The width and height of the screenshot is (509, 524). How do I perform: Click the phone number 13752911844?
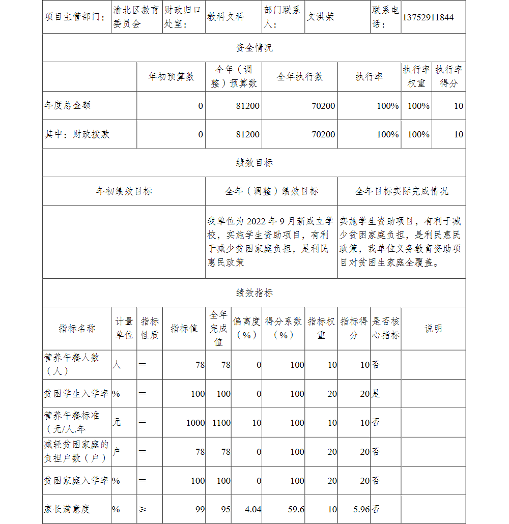point(428,17)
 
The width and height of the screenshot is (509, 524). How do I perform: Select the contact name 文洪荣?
point(321,17)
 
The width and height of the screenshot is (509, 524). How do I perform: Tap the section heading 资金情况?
point(254,48)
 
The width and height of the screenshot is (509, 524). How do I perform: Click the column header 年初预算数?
point(171,77)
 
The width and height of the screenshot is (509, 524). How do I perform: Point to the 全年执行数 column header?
point(300,77)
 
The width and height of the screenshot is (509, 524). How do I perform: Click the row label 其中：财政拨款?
point(77,134)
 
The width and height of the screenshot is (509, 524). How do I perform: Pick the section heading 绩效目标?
point(254,163)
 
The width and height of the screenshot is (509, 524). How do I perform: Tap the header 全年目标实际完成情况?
point(401,191)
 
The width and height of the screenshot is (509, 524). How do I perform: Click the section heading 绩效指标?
point(254,293)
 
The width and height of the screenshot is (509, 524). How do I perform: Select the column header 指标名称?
point(77,329)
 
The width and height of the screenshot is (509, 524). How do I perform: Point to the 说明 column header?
point(433,329)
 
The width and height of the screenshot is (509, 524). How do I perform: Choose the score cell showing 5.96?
point(360,509)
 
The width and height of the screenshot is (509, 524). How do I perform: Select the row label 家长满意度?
point(67,509)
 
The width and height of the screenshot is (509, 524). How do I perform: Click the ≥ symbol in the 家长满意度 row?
point(142,509)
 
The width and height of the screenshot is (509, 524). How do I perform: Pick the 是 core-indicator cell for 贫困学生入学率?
point(376,394)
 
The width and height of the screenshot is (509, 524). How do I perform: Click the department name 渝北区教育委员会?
point(136,17)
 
